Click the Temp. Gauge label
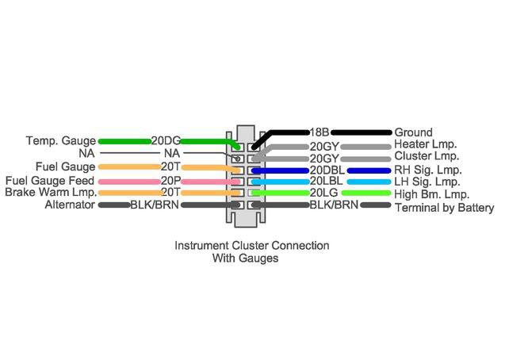pos(60,141)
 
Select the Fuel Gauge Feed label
pos(49,181)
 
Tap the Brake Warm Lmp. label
pos(51,193)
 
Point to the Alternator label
pos(71,205)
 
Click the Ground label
pos(413,132)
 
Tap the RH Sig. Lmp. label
pos(428,170)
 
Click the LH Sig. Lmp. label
pos(427,182)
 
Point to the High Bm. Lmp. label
pos(432,194)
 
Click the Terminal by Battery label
pos(444,208)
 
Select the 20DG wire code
pos(166,141)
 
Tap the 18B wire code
pos(319,132)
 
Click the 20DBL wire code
pos(327,170)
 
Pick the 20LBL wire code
pos(325,182)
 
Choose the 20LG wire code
pos(323,193)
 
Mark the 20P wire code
pos(170,181)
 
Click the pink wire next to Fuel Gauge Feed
pos(127,181)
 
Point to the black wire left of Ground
pos(361,132)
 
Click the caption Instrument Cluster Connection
pos(251,246)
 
